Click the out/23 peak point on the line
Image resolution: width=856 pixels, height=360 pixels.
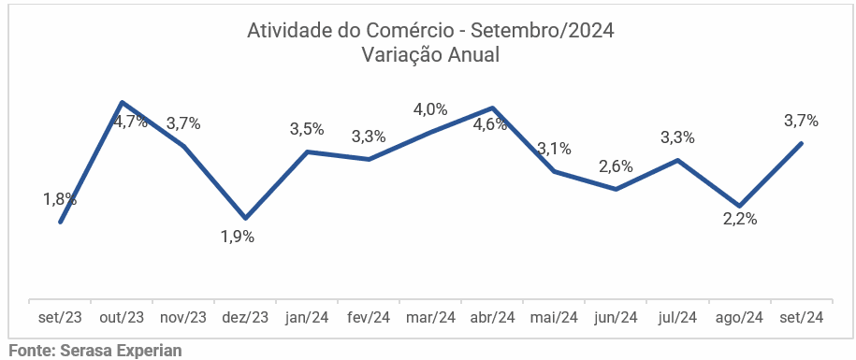pos(123,102)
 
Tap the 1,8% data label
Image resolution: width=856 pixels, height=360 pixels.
pos(60,199)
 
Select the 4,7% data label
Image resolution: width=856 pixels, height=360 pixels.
pos(131,122)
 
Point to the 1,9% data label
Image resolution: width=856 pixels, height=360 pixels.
pos(238,237)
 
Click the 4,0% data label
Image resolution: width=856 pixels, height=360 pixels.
pos(430,109)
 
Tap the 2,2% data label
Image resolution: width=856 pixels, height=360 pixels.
pos(740,220)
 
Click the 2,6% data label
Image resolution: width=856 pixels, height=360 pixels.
pos(616,166)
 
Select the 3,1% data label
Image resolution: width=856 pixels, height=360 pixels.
pos(554,148)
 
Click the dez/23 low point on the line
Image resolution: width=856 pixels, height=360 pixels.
pos(246,218)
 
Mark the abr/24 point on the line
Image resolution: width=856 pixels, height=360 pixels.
pos(492,108)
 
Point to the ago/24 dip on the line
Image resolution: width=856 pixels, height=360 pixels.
pos(740,206)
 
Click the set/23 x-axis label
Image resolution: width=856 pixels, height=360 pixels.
pos(60,318)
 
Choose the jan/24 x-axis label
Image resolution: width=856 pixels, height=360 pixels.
pos(307,318)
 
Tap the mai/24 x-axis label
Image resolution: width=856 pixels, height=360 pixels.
pos(555,318)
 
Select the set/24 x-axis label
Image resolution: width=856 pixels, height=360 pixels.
pos(802,318)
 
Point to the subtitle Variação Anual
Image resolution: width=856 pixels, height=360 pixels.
pos(430,54)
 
